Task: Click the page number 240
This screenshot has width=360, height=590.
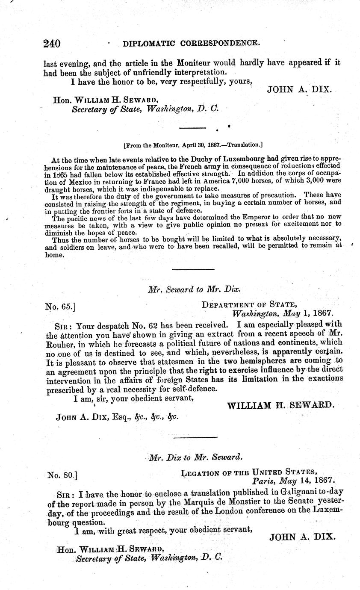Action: pos(52,44)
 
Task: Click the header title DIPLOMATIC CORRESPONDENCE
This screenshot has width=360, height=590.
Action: pos(191,43)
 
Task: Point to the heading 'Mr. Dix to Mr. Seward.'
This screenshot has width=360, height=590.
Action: pos(196,457)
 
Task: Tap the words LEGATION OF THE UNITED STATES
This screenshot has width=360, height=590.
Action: pos(249,472)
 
